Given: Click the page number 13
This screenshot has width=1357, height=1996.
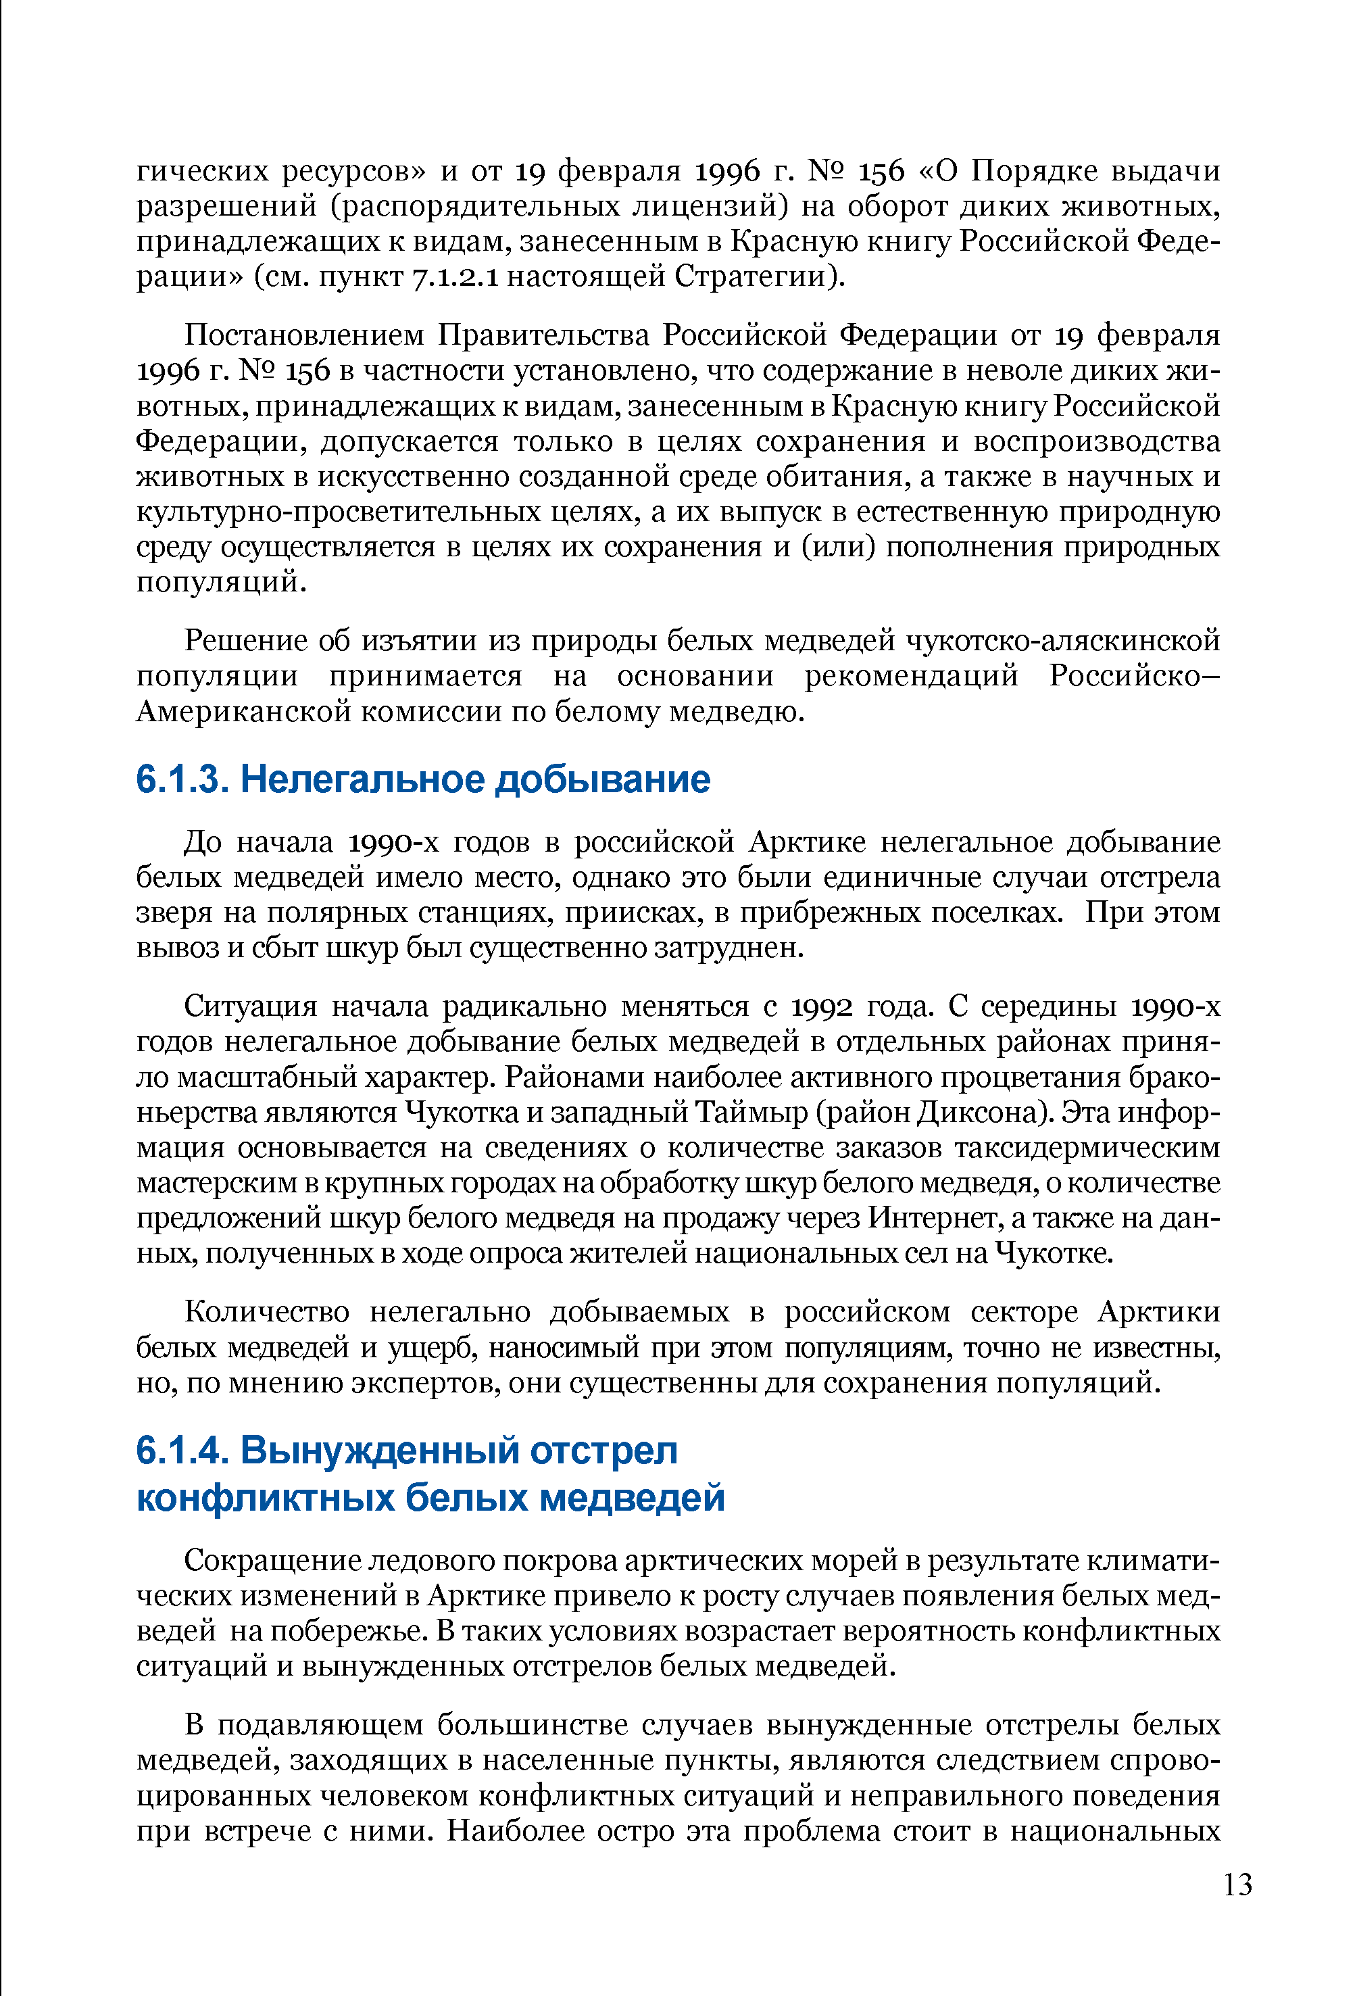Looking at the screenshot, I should click(1237, 1885).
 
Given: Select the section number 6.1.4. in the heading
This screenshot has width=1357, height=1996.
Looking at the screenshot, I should click(181, 1451).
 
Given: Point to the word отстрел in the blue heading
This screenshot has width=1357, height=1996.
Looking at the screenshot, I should click(603, 1451).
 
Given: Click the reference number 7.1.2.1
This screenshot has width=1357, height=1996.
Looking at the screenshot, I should click(457, 277).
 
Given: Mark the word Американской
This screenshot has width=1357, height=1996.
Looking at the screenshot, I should click(241, 712).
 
